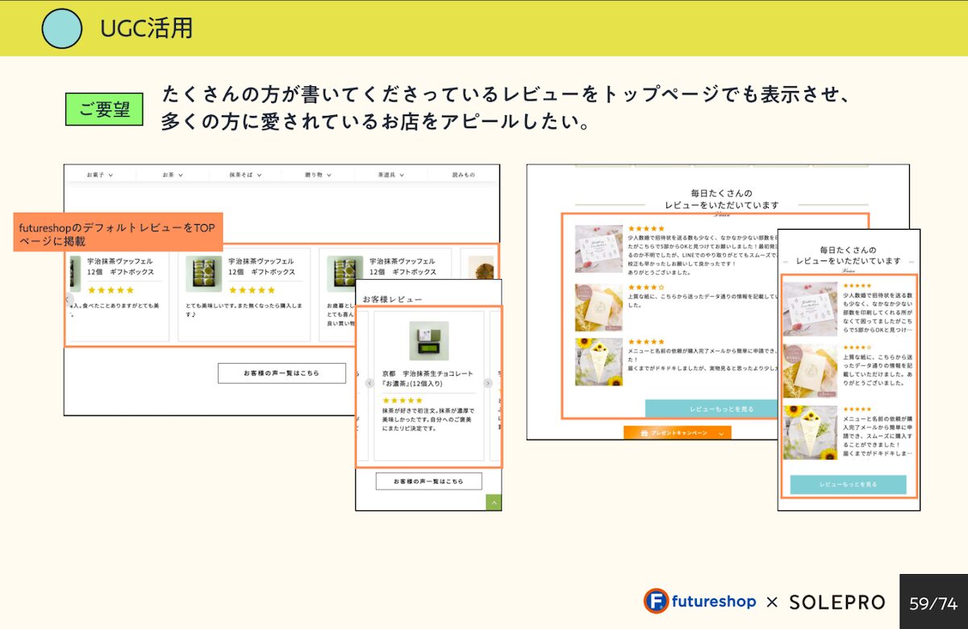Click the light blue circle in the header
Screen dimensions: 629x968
click(x=61, y=28)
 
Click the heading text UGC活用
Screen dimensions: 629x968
click(x=146, y=28)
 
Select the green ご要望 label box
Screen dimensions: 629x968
click(x=104, y=109)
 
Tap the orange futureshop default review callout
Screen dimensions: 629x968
click(x=118, y=234)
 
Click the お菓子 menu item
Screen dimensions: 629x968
click(x=100, y=174)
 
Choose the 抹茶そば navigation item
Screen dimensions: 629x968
click(x=245, y=174)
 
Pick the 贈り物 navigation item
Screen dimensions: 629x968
click(x=318, y=174)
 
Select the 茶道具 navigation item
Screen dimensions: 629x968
click(x=390, y=174)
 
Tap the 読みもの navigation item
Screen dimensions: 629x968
click(x=464, y=174)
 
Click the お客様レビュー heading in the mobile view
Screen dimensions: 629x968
click(x=392, y=299)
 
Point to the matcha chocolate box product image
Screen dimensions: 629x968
click(x=428, y=340)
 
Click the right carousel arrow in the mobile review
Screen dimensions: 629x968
click(x=488, y=383)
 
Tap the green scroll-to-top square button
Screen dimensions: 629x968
click(x=494, y=502)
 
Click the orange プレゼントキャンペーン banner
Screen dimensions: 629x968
click(x=678, y=433)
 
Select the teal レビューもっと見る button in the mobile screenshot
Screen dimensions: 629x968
click(x=848, y=485)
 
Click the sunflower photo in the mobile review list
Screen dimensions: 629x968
click(x=810, y=433)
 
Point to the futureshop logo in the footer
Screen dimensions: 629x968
click(x=699, y=602)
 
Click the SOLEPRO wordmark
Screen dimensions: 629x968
click(x=837, y=602)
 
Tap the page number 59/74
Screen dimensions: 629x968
click(x=933, y=602)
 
